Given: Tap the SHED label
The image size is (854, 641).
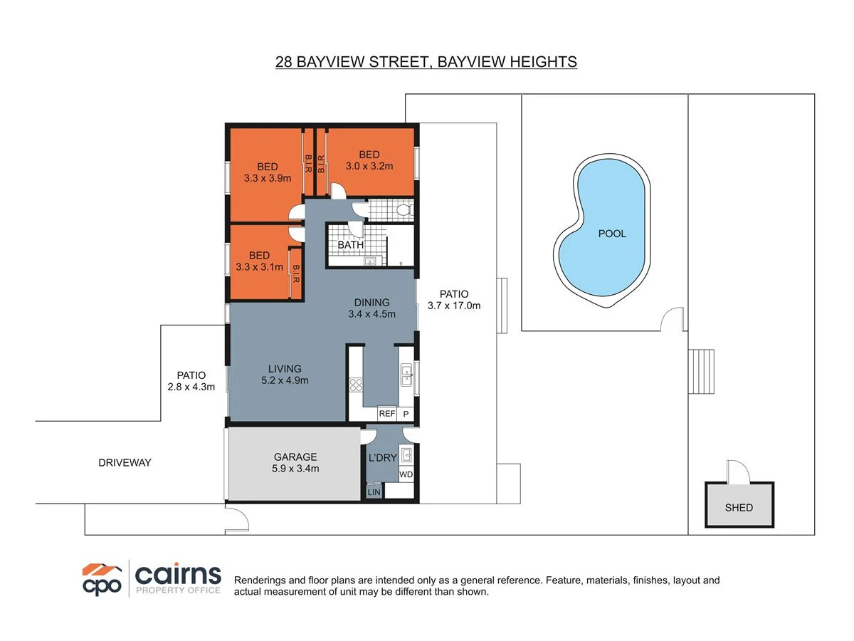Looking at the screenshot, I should [x=739, y=508].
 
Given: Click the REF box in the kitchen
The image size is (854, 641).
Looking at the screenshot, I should [x=387, y=414].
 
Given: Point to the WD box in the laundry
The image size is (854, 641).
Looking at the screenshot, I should [x=406, y=474].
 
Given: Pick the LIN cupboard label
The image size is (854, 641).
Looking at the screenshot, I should [x=374, y=491].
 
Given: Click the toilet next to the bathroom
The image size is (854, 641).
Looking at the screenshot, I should [x=403, y=210].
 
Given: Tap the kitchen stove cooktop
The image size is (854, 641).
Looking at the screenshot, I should [x=355, y=386].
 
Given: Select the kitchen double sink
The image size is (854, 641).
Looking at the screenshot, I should [x=406, y=375].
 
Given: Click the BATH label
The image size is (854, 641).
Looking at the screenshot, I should [x=350, y=245].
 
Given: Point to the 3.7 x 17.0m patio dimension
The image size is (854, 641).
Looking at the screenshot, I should [x=454, y=306].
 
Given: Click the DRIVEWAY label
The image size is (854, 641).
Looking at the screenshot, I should [x=125, y=463].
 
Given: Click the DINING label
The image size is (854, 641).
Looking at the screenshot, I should [x=371, y=303].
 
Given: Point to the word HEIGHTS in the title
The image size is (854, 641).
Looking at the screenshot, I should [x=543, y=62].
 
